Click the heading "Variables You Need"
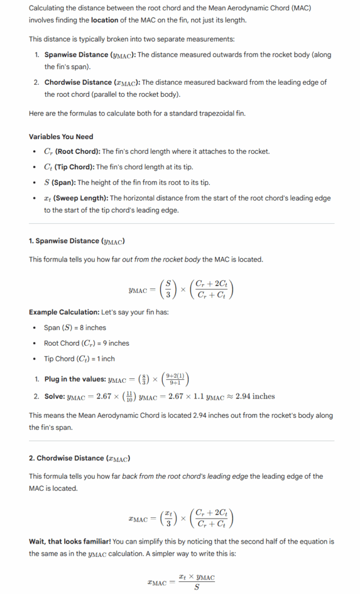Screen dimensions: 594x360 [61, 136]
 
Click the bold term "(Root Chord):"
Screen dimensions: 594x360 [77, 151]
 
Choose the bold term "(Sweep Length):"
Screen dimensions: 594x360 [79, 198]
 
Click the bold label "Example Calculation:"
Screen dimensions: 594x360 [64, 312]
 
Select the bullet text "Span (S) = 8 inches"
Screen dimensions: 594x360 [75, 328]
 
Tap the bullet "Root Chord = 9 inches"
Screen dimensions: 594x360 [86, 343]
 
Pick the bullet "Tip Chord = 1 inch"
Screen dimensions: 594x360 [79, 359]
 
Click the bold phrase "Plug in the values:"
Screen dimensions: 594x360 [75, 379]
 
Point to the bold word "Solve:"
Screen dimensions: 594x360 [54, 397]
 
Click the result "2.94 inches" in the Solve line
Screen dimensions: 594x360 [256, 397]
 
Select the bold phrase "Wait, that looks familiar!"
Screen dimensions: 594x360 [70, 542]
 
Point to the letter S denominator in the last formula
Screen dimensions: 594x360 [196, 587]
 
